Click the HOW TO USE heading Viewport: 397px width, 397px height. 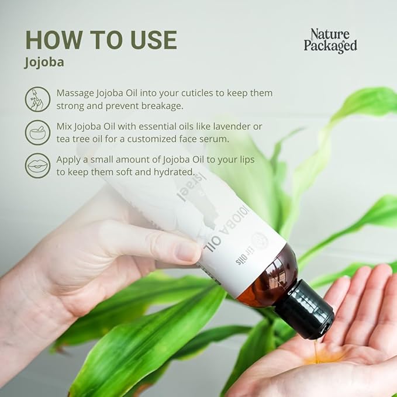tap(101, 40)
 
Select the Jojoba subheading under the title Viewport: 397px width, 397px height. tap(44, 63)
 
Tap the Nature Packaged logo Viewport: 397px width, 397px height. tap(330, 40)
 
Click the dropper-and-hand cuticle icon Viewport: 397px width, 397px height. tap(37, 99)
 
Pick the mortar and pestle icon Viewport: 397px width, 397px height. tap(37, 132)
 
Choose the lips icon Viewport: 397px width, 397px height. tap(37, 165)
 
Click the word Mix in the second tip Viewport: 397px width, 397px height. tap(65, 126)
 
